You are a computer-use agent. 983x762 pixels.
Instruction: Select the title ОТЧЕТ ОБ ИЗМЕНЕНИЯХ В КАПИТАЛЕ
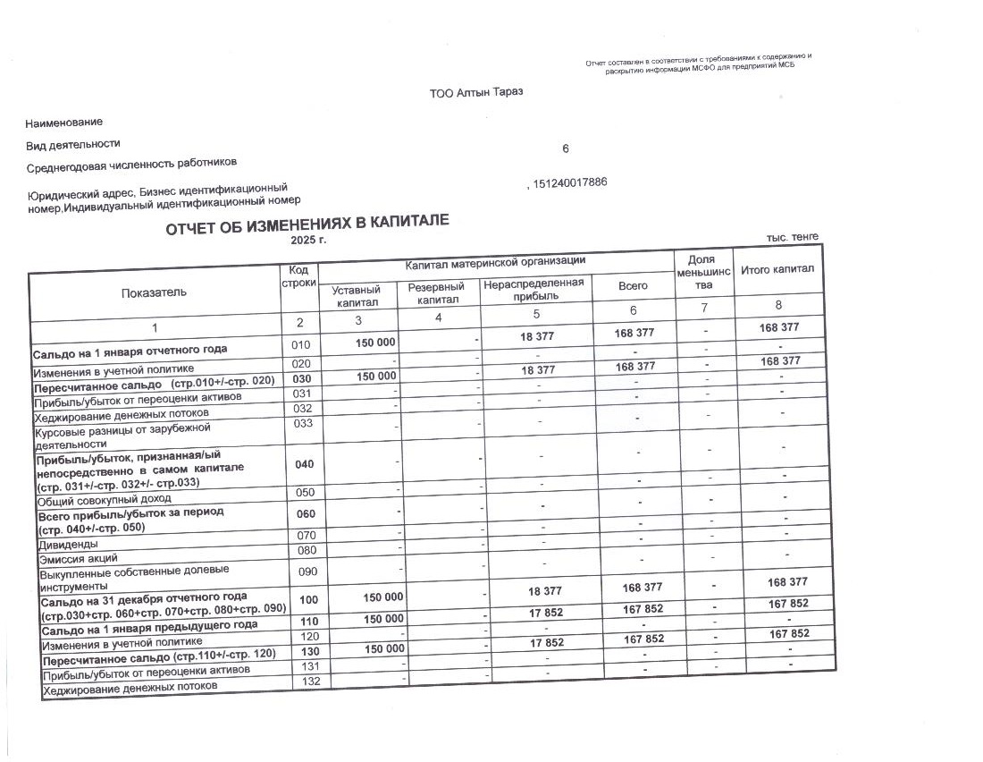click(307, 226)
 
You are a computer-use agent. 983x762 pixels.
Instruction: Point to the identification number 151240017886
click(569, 182)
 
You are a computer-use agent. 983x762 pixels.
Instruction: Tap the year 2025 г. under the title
click(309, 241)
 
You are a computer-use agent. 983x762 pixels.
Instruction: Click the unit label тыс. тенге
click(792, 237)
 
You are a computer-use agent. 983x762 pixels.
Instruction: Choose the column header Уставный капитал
click(356, 296)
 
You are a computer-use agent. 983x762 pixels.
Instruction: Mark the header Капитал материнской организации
click(495, 261)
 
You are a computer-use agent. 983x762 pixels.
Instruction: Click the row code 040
click(304, 464)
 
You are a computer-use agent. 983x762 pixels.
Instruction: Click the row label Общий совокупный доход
click(103, 499)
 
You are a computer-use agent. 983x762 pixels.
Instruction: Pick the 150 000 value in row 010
click(374, 342)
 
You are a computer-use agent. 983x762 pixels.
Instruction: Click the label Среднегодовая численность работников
click(132, 164)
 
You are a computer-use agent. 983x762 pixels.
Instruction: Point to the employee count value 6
click(565, 149)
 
